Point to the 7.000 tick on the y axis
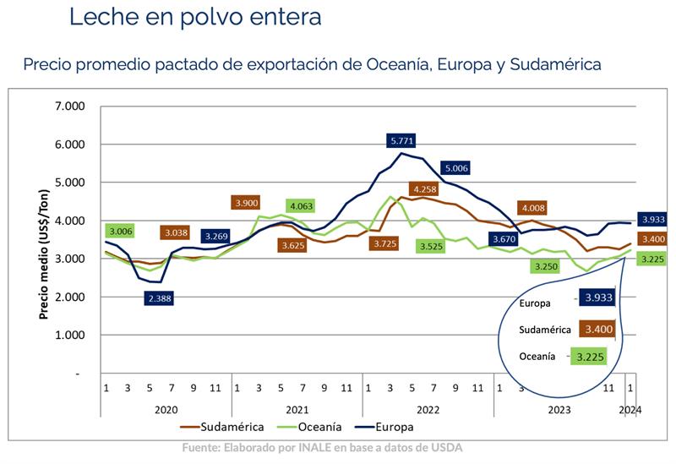(x=69, y=106)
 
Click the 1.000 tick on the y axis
(x=69, y=336)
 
